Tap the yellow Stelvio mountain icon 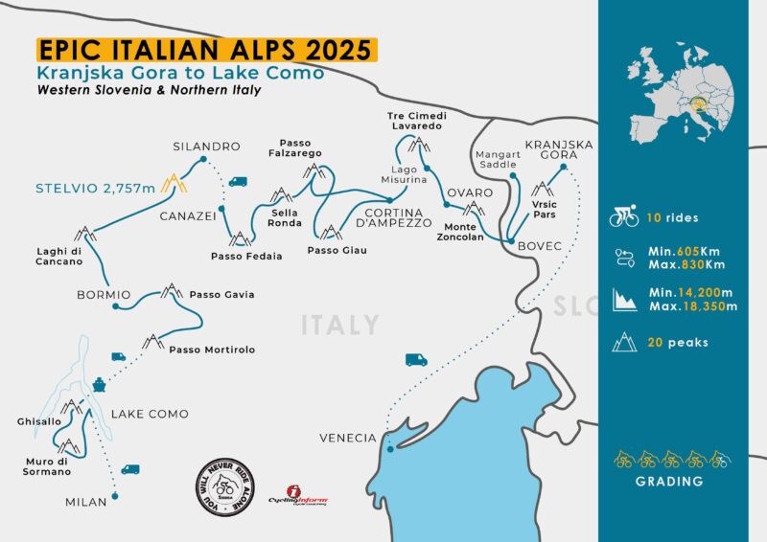[x=174, y=181]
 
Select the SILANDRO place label [x=206, y=147]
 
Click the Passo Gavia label [x=222, y=294]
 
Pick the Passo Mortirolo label [x=212, y=350]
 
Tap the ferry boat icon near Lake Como [x=100, y=384]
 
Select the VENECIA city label [x=348, y=438]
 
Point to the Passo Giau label [x=337, y=251]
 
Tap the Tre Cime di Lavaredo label [x=415, y=121]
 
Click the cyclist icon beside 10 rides [x=624, y=217]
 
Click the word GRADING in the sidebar [x=668, y=481]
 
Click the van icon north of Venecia [x=415, y=359]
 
